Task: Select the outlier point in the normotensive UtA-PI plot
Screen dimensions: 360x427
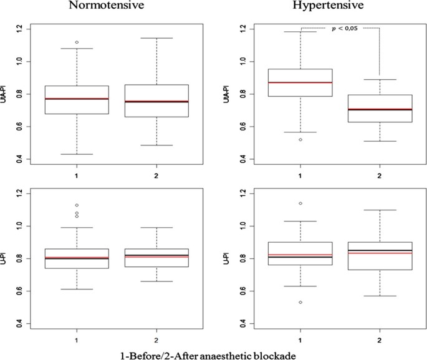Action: click(x=77, y=42)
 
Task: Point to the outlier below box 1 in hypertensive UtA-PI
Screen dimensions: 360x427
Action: click(x=301, y=140)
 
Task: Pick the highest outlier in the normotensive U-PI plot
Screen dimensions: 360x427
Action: click(x=77, y=205)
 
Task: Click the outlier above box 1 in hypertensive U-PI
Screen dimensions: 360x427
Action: click(x=301, y=203)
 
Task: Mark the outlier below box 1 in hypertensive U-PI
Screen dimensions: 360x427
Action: click(x=301, y=302)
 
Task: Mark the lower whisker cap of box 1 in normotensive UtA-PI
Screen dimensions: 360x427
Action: click(x=77, y=154)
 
